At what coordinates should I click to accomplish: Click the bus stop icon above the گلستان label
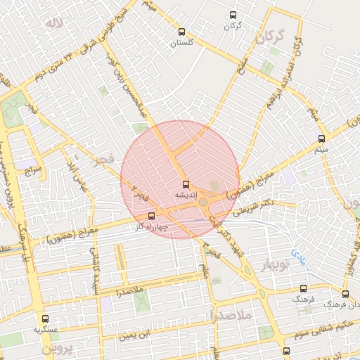point(182,32)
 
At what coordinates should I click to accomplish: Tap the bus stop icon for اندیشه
point(186,185)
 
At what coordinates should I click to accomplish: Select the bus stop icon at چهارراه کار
point(152,217)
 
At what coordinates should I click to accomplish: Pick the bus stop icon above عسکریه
point(46,319)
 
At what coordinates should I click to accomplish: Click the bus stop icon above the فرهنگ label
point(303,288)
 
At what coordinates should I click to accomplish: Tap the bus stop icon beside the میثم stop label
point(321,139)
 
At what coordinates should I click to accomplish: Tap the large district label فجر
point(103,162)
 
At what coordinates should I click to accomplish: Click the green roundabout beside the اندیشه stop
point(203,202)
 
